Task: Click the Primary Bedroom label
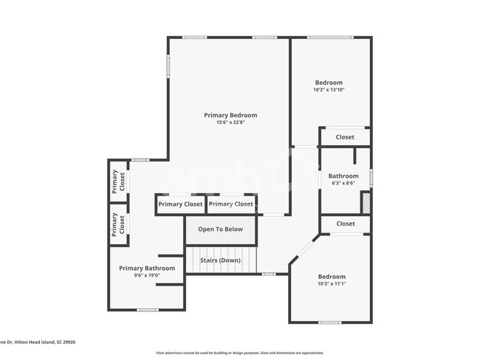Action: [x=230, y=115]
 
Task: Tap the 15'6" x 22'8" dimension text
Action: [x=230, y=123]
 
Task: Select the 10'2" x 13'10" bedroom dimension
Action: [x=329, y=90]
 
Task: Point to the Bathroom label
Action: [x=343, y=176]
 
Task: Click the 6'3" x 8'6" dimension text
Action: [x=343, y=184]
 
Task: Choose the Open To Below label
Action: [x=220, y=229]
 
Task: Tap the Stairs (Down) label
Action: [x=220, y=260]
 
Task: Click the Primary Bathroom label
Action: [x=147, y=269]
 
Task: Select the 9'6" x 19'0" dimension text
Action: [x=147, y=276]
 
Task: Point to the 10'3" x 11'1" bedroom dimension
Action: [x=332, y=284]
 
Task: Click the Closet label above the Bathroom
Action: [x=345, y=137]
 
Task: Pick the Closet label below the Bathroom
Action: [x=345, y=224]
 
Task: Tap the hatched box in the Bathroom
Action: [x=365, y=202]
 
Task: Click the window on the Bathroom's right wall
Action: [x=371, y=178]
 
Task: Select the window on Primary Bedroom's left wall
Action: [x=168, y=66]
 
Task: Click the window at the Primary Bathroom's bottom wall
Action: [x=147, y=310]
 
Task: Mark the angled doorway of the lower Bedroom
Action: [x=304, y=249]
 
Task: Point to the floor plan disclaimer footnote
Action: [x=239, y=353]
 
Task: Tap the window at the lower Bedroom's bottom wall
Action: [x=329, y=322]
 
